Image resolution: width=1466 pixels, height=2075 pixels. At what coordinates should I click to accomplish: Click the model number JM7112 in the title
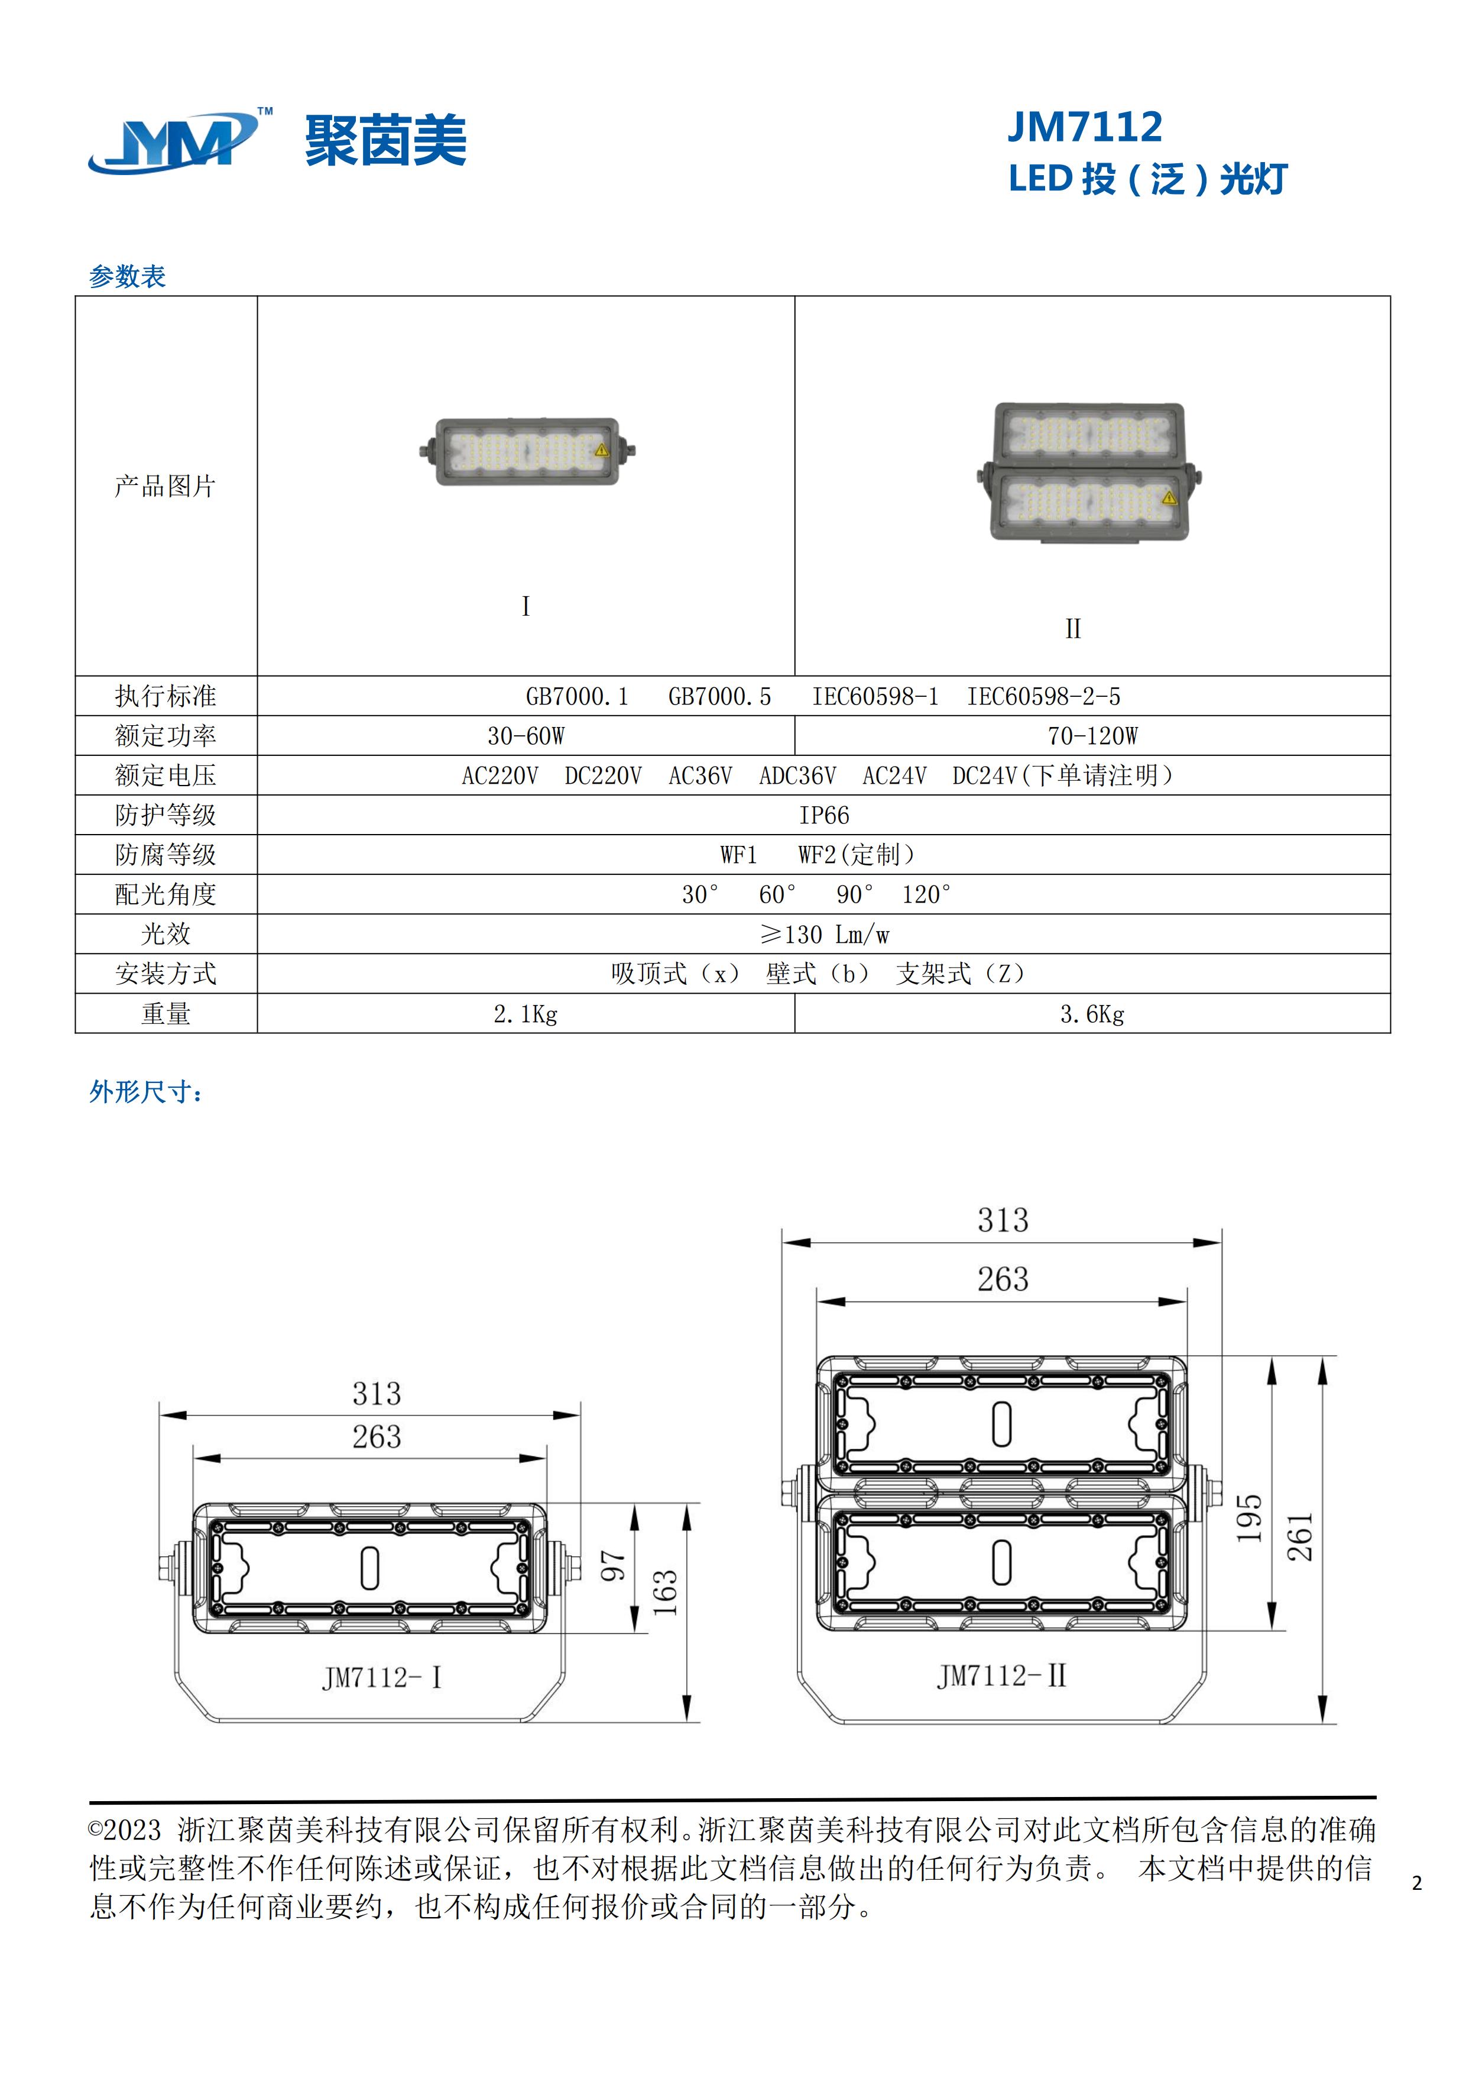tap(1085, 127)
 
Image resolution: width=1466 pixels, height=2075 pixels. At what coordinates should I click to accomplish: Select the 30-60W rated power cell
tap(526, 736)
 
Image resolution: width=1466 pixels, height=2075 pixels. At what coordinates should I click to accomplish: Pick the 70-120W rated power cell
tap(1092, 736)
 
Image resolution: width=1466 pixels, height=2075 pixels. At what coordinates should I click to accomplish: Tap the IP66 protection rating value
tap(824, 815)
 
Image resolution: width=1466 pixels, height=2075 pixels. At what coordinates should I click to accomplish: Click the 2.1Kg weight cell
tap(526, 1014)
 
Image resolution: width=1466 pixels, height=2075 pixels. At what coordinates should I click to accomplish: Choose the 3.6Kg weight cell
tap(1092, 1014)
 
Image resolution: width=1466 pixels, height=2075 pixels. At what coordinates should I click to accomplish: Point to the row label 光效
tap(166, 935)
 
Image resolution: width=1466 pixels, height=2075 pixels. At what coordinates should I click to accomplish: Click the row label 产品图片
tap(166, 486)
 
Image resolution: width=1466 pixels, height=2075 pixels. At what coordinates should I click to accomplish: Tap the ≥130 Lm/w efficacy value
tap(824, 935)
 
